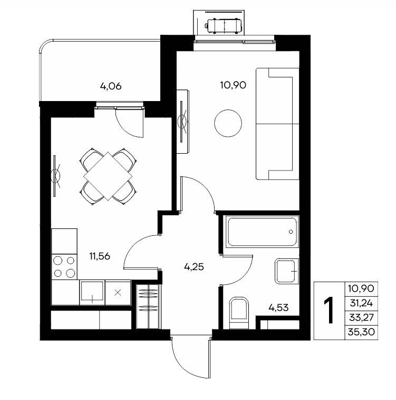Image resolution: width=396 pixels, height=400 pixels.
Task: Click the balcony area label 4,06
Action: tap(111, 86)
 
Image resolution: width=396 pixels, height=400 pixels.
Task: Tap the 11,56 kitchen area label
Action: tap(100, 256)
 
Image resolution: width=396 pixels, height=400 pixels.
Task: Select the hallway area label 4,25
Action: tap(194, 267)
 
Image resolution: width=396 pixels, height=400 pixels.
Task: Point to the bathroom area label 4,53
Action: tap(278, 308)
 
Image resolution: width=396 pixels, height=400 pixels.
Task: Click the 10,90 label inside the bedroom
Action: tap(233, 85)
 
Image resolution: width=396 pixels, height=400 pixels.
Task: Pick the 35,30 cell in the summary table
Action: tap(362, 332)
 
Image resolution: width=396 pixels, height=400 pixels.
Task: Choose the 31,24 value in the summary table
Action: tap(362, 303)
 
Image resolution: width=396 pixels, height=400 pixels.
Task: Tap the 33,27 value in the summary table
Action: tap(362, 317)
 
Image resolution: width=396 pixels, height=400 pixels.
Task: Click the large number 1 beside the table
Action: tap(329, 311)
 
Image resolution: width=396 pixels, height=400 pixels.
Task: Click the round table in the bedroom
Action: tap(228, 123)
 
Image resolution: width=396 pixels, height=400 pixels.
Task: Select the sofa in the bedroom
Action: tap(278, 124)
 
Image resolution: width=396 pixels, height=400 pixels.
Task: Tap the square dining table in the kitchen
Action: tap(108, 176)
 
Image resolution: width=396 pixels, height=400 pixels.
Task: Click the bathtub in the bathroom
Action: tap(262, 232)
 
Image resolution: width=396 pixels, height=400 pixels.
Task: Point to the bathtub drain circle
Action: tap(291, 232)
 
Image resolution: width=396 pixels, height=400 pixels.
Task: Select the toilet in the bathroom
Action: tap(239, 313)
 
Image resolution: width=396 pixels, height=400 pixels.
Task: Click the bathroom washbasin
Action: tap(287, 271)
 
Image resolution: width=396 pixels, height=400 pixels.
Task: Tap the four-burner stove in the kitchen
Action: tap(64, 267)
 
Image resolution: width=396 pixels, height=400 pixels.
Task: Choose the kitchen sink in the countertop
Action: tap(92, 293)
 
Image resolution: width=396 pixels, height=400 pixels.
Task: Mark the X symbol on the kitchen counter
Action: tap(118, 293)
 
